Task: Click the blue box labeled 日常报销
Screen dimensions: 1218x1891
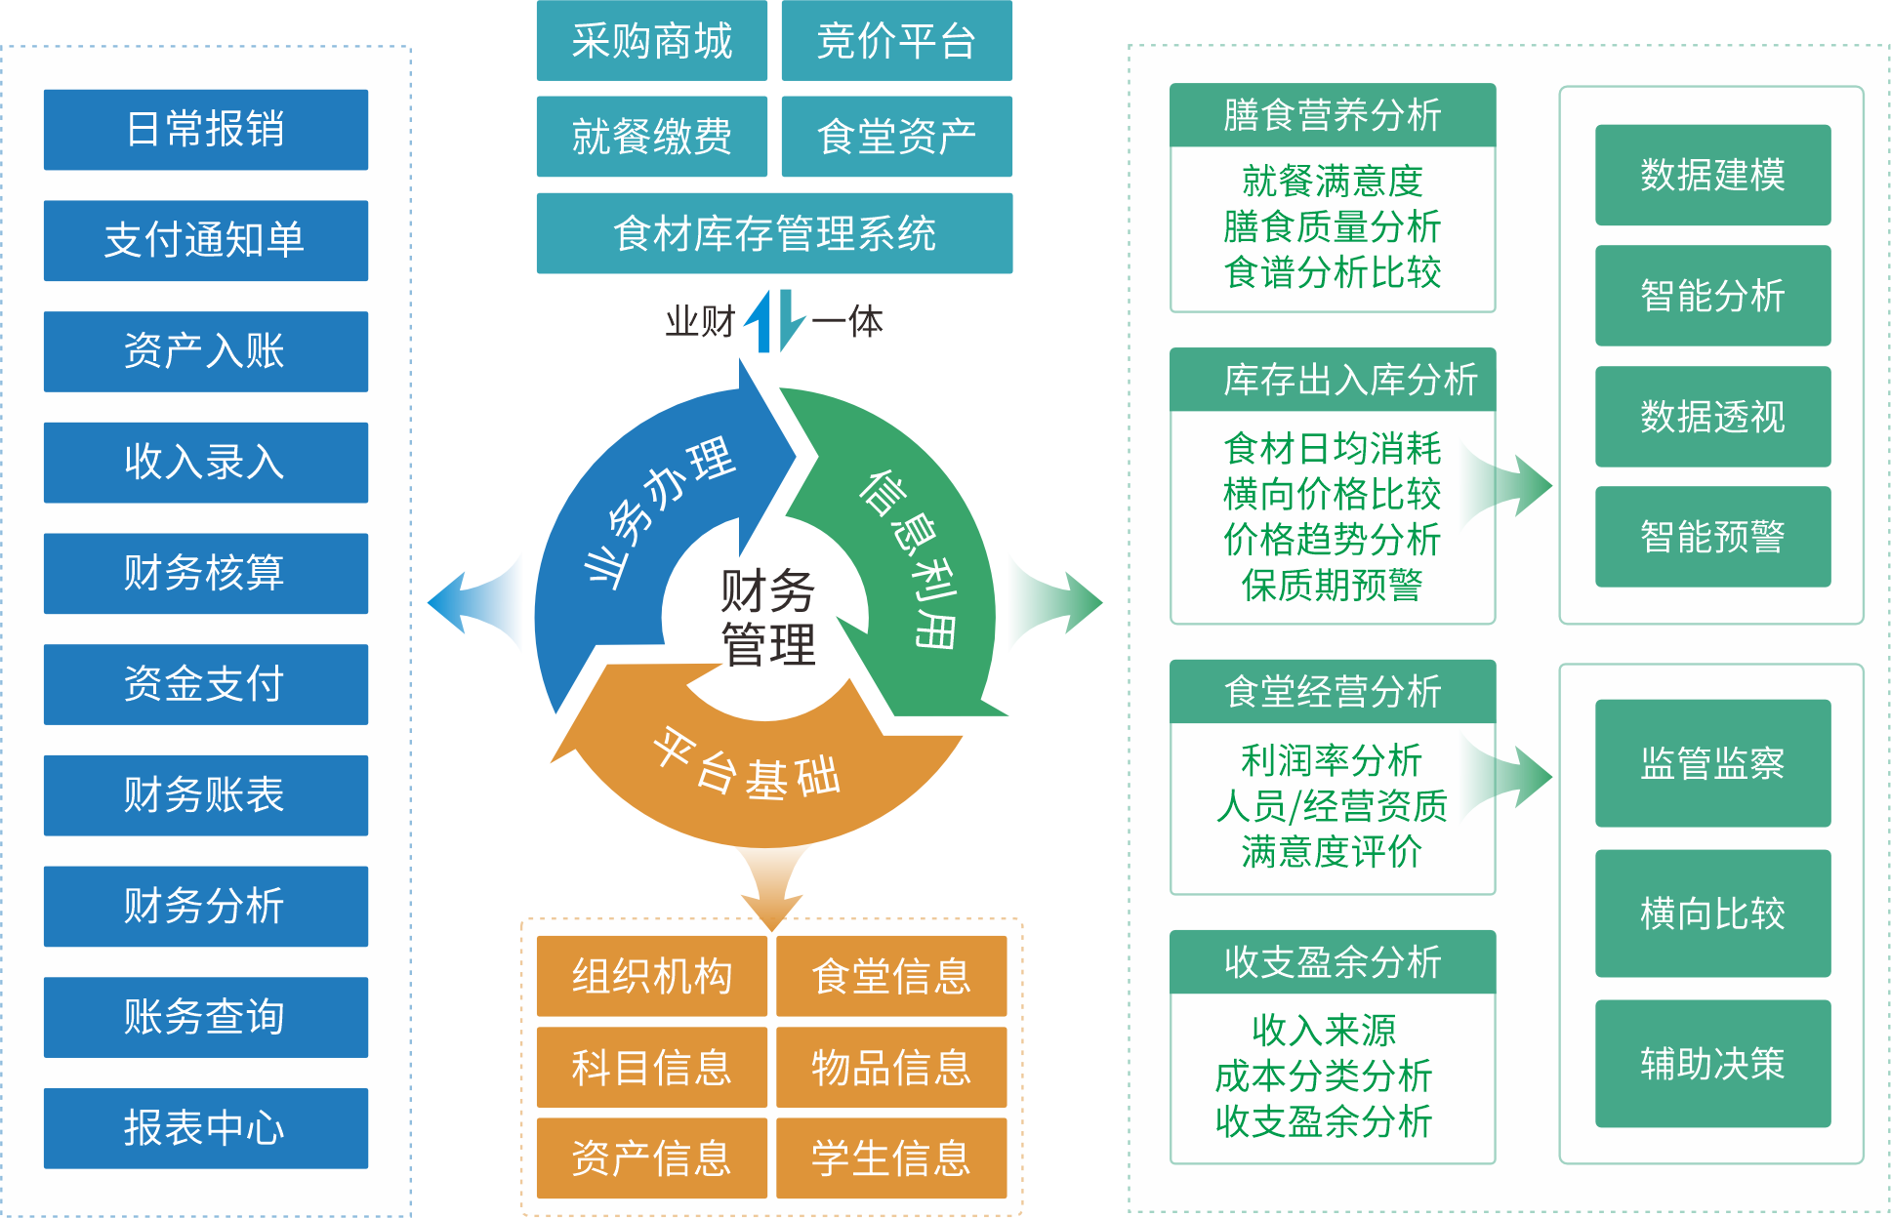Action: pos(205,130)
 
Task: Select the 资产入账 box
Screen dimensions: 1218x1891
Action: pos(205,351)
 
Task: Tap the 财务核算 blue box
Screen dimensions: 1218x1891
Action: pos(205,573)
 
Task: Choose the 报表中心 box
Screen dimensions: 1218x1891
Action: pos(205,1128)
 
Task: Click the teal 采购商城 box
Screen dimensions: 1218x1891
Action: pos(651,41)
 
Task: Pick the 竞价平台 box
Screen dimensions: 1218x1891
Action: pos(896,41)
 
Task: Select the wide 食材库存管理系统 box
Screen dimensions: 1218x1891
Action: pos(774,233)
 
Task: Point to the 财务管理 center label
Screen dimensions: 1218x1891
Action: pos(767,618)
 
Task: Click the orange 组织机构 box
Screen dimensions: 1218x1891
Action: pos(651,976)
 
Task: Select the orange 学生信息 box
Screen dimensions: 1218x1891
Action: pos(891,1158)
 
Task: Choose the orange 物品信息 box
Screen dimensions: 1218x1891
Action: pos(891,1067)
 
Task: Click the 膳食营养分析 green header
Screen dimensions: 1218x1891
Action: pos(1333,115)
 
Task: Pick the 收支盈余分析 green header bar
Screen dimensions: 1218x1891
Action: pos(1333,962)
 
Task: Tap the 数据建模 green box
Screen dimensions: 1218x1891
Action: pos(1712,175)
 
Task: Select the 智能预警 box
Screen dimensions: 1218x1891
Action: pos(1712,537)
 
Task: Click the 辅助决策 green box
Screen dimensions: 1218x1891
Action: pos(1712,1064)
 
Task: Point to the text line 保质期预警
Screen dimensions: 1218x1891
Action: pos(1332,586)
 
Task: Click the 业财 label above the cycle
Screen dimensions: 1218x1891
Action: pos(699,321)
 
